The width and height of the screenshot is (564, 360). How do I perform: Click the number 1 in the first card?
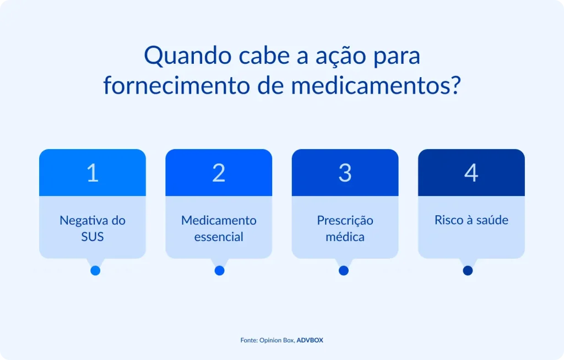click(93, 173)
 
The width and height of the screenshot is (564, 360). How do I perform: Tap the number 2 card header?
click(219, 173)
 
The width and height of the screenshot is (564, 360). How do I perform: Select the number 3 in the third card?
click(345, 173)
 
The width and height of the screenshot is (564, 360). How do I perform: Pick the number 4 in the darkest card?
click(471, 173)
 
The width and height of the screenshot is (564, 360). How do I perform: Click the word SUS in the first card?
click(93, 237)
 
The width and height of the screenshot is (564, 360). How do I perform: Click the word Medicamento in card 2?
click(219, 220)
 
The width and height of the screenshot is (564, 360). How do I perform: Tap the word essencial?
click(219, 237)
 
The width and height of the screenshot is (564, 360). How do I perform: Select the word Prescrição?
click(345, 220)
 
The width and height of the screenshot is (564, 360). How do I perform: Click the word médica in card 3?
click(345, 237)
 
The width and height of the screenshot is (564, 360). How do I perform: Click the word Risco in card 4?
click(448, 220)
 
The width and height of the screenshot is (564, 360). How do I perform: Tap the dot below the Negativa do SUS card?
click(95, 270)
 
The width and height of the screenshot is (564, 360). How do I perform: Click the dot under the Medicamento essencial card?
click(219, 270)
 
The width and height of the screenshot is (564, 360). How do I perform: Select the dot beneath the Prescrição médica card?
click(344, 270)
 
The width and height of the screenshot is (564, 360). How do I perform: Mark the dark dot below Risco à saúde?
click(468, 270)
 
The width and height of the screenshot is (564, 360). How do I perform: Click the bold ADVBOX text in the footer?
click(310, 340)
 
